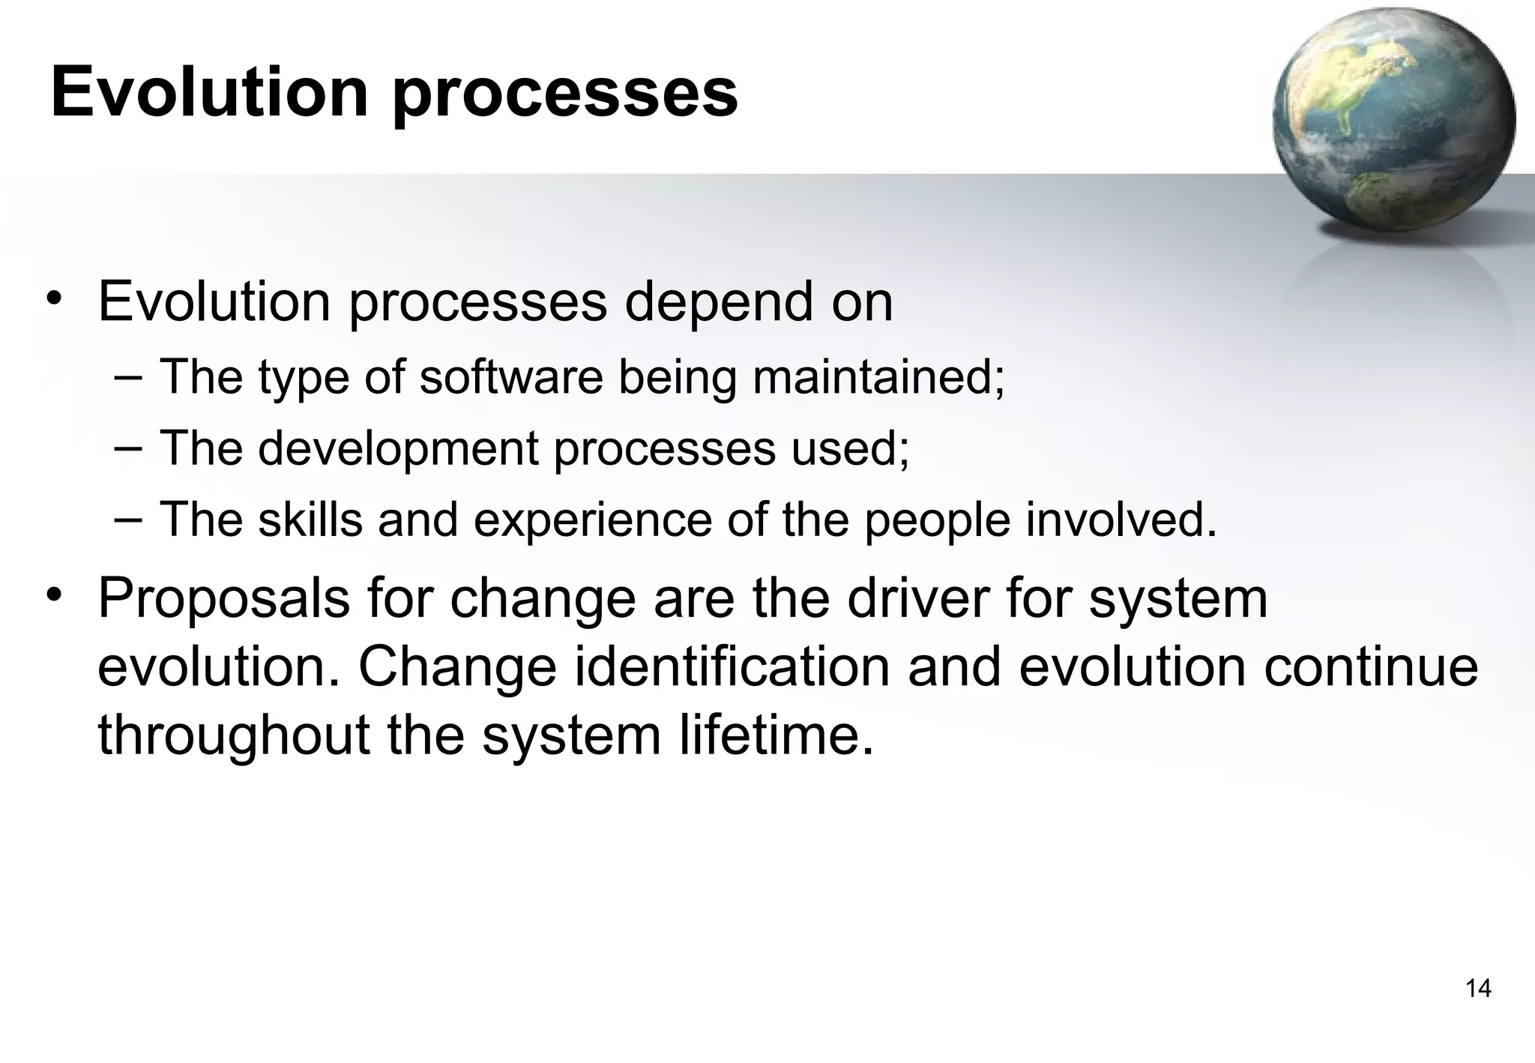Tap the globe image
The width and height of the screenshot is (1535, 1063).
1394,120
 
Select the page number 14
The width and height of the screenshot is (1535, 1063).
1478,989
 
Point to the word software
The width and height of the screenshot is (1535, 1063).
510,376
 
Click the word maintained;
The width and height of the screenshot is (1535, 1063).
878,376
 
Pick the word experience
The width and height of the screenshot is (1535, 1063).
593,520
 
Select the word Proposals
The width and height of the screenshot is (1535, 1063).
224,599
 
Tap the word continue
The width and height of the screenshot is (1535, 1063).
1371,667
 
